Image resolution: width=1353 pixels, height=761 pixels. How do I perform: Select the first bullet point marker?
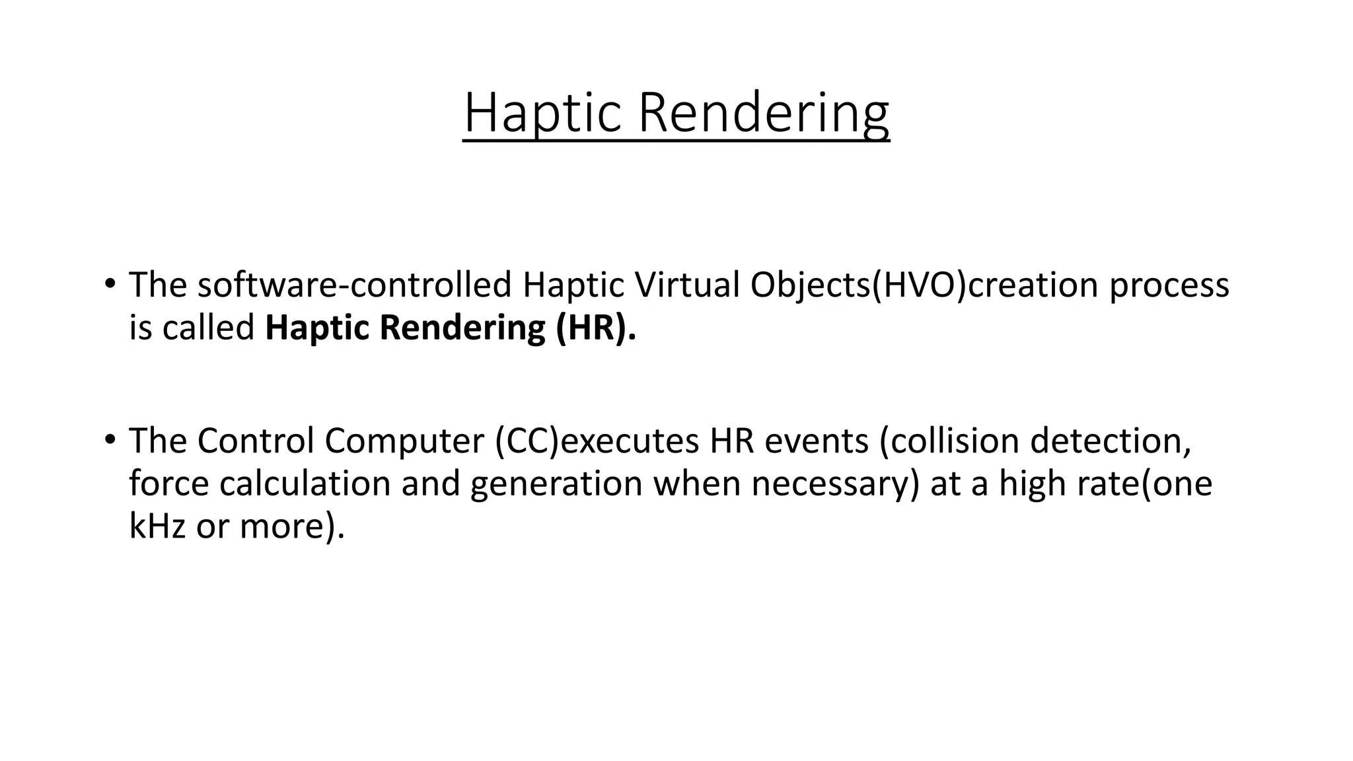click(x=109, y=285)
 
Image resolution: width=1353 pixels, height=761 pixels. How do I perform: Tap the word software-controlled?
click(x=353, y=285)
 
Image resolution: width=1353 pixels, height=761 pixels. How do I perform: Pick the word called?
click(x=208, y=328)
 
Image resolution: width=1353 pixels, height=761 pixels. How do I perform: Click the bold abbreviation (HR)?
click(x=596, y=328)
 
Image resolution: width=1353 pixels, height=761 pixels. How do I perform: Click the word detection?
click(x=1110, y=441)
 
